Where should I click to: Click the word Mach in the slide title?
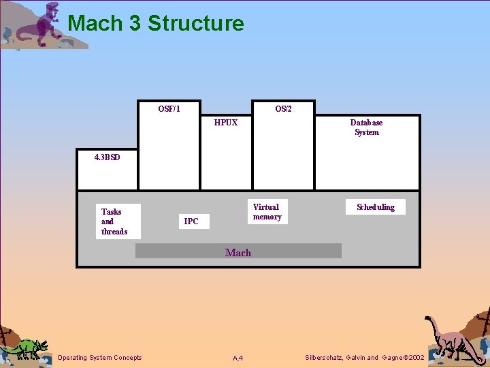[95, 24]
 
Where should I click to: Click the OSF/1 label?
[169, 109]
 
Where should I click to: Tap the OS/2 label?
[283, 109]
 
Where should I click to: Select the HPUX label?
[226, 123]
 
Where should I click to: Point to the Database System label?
[366, 127]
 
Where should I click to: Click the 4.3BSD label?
[107, 157]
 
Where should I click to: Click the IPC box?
[191, 221]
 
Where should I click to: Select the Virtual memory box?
[266, 212]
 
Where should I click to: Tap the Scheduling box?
[376, 207]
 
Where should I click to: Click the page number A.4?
[238, 358]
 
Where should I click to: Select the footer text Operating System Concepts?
[100, 358]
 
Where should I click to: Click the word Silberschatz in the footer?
[326, 358]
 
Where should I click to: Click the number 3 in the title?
[134, 24]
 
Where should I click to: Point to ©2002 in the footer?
[413, 358]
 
